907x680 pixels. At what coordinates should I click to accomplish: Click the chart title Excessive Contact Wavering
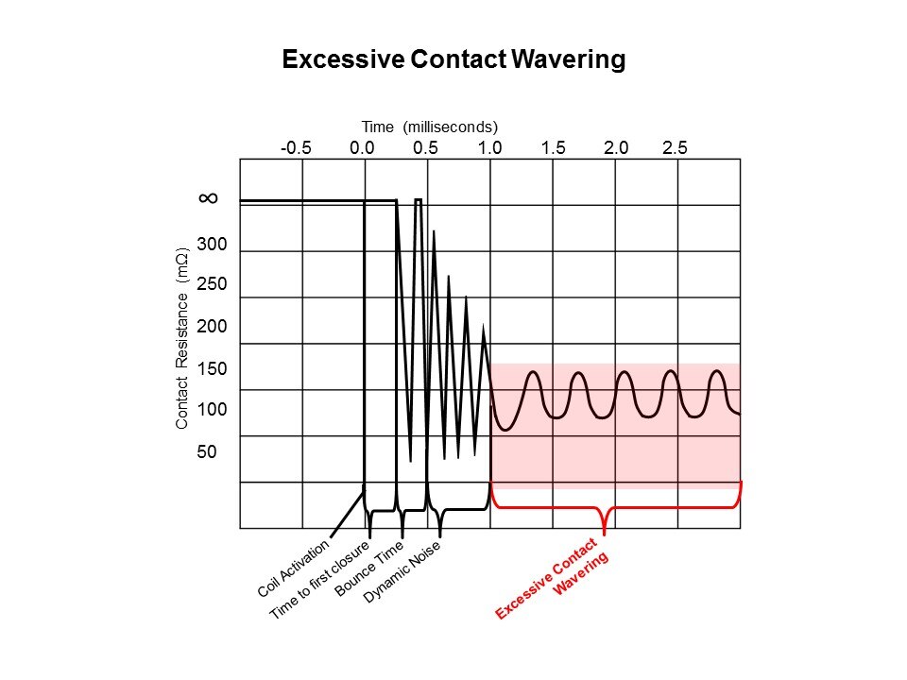[x=453, y=59]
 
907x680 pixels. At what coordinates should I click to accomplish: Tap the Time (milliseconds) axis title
[x=429, y=126]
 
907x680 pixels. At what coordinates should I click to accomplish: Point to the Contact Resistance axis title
[x=183, y=338]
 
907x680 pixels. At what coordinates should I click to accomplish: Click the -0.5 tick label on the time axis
[x=296, y=147]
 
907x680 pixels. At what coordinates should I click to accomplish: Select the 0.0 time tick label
[x=362, y=147]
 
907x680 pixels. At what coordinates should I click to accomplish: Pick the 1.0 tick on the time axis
[x=489, y=147]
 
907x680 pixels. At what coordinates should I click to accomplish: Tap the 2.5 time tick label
[x=676, y=147]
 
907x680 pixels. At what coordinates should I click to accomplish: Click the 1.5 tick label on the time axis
[x=554, y=147]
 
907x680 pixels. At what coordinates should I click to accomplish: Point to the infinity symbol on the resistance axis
[x=209, y=198]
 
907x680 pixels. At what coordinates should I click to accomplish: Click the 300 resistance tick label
[x=213, y=245]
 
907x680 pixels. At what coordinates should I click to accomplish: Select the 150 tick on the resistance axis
[x=213, y=368]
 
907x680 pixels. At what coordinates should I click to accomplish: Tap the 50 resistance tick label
[x=207, y=451]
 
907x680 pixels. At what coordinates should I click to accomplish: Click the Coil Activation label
[x=294, y=568]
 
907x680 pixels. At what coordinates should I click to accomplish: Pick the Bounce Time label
[x=369, y=569]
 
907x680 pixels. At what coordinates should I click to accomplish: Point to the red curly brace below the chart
[x=605, y=510]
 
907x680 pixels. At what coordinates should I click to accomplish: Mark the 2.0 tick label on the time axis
[x=615, y=147]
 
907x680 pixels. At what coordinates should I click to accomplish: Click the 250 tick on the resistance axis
[x=213, y=285]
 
